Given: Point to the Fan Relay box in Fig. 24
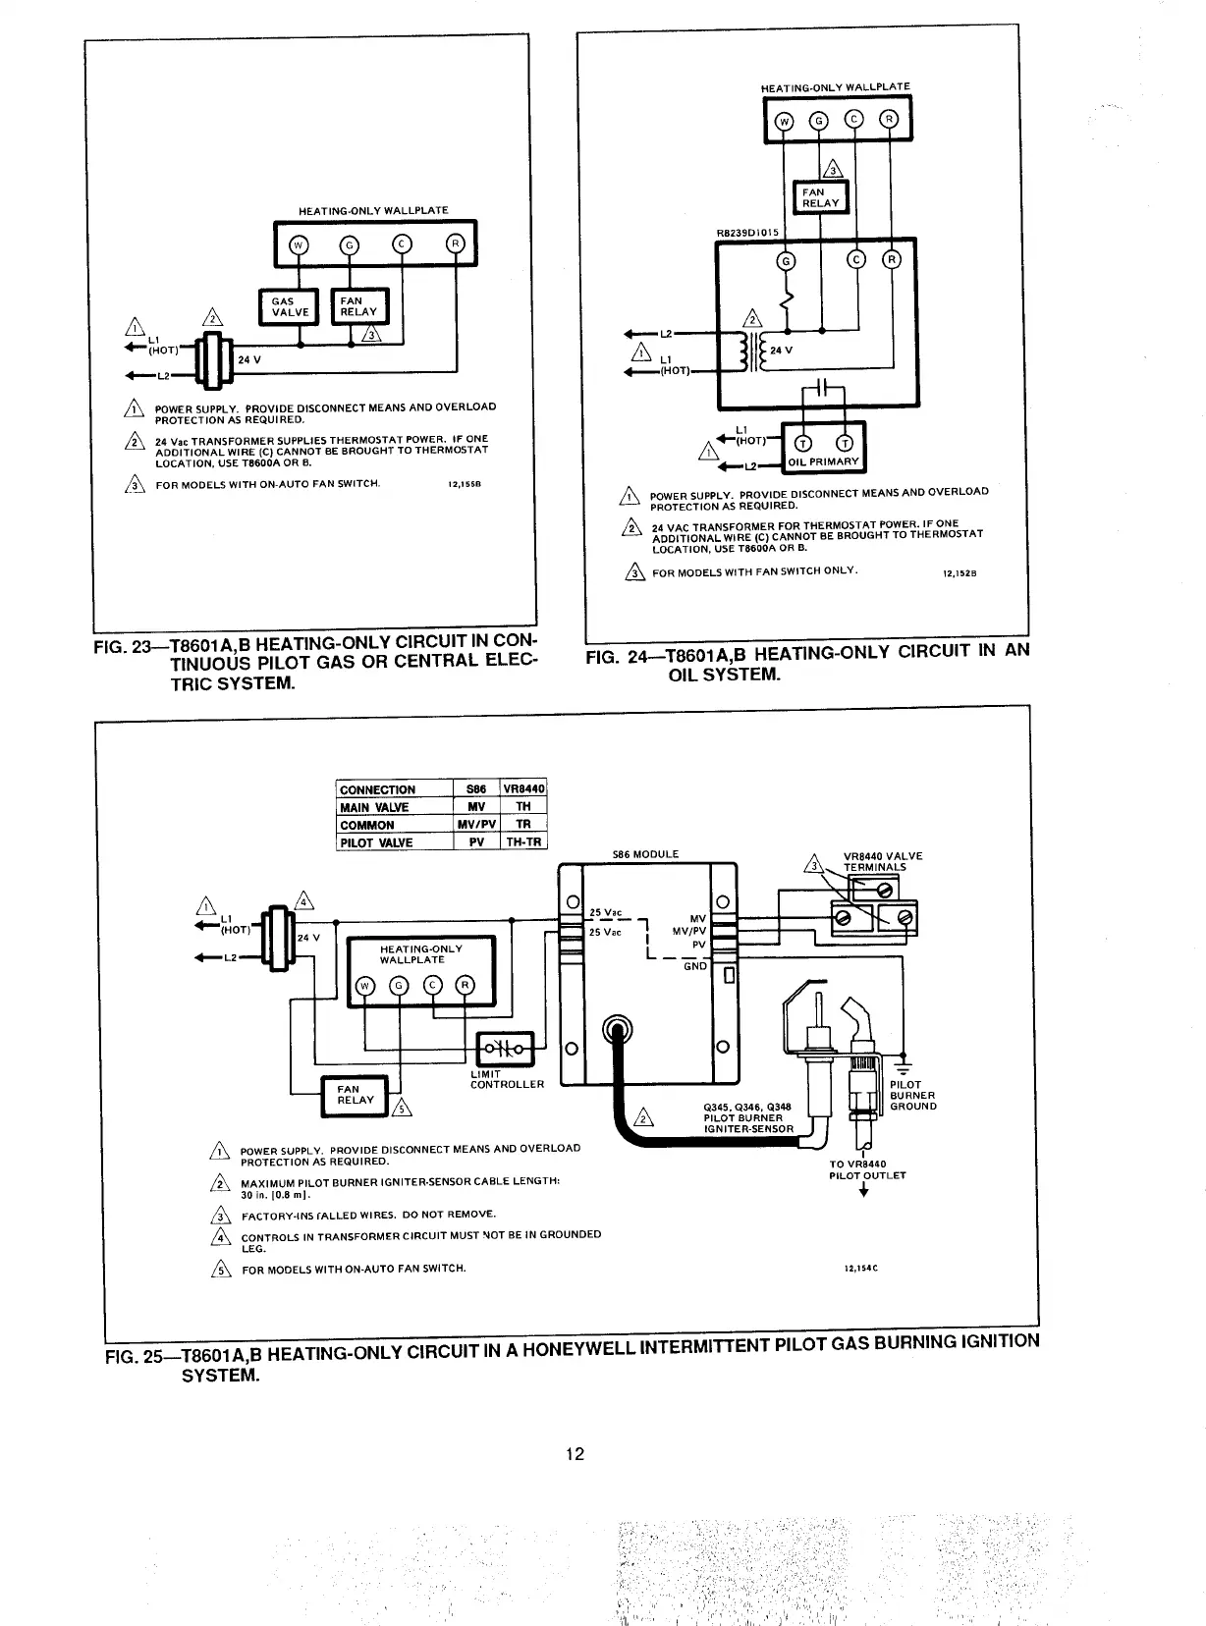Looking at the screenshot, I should [820, 197].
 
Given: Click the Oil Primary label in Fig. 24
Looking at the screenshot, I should [830, 461].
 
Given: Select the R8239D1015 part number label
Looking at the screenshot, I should [746, 233].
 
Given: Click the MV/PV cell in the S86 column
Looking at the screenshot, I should [477, 825].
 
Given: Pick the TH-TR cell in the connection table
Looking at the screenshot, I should [523, 842].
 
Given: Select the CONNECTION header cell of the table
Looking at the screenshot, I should [378, 789].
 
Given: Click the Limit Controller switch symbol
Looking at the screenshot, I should [503, 1049].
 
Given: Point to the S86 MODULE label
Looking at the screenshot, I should [645, 854].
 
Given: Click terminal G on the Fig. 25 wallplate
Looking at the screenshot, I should [399, 985].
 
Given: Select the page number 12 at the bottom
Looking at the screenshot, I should [576, 1454].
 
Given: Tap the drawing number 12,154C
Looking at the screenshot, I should [860, 1268].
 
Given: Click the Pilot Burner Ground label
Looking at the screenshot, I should [912, 1096].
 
